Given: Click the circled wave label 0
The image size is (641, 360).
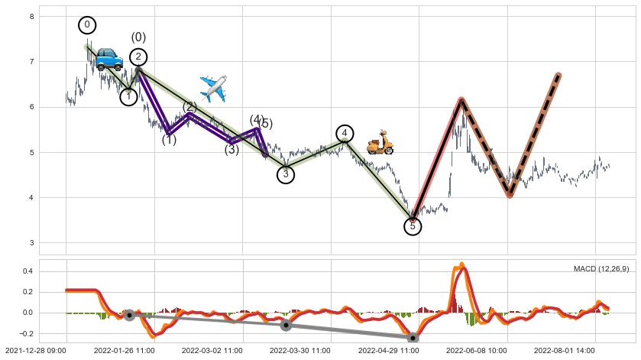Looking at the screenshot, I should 87,25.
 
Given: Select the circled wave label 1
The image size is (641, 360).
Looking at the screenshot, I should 128,96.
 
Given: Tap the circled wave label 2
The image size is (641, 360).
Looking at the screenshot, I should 138,57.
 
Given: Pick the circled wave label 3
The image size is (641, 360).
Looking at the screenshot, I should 286,174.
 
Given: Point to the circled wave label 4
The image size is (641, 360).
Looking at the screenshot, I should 345,134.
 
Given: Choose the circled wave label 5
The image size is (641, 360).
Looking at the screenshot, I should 413,225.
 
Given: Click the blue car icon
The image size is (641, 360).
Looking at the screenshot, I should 108,59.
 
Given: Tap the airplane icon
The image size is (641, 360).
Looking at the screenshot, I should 213,89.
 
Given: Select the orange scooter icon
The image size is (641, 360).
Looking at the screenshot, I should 380,143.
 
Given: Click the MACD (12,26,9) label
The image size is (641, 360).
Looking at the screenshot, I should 601,268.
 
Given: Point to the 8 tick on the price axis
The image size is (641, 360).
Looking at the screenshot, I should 31,16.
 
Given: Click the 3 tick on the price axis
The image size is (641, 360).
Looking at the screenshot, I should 31,243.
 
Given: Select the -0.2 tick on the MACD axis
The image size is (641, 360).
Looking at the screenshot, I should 25,333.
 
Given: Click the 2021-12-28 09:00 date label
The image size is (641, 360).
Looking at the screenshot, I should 34,351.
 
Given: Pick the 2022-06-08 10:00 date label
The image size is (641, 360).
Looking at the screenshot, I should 476,351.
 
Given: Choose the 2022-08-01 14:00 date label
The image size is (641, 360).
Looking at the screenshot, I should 564,351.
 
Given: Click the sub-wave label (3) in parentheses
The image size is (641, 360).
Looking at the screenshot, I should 231,150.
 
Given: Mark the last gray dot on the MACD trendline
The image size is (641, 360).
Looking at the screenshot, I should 413,337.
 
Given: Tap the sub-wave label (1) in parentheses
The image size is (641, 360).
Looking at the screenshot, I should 169,140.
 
